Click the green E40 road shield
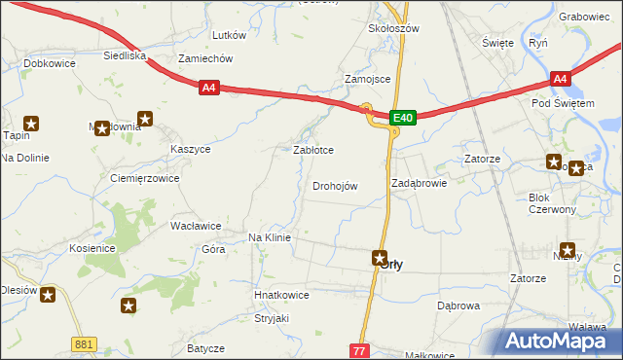[x=404, y=118]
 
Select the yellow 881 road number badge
[x=85, y=344]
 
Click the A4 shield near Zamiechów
[x=209, y=89]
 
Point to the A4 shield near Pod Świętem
[x=559, y=79]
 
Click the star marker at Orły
[x=381, y=258]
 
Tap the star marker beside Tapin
[x=31, y=124]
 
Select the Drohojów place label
[x=335, y=186]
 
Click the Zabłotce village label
[x=314, y=151]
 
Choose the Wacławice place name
[x=196, y=226]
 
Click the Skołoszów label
[x=393, y=29]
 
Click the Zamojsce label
[x=368, y=79]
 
